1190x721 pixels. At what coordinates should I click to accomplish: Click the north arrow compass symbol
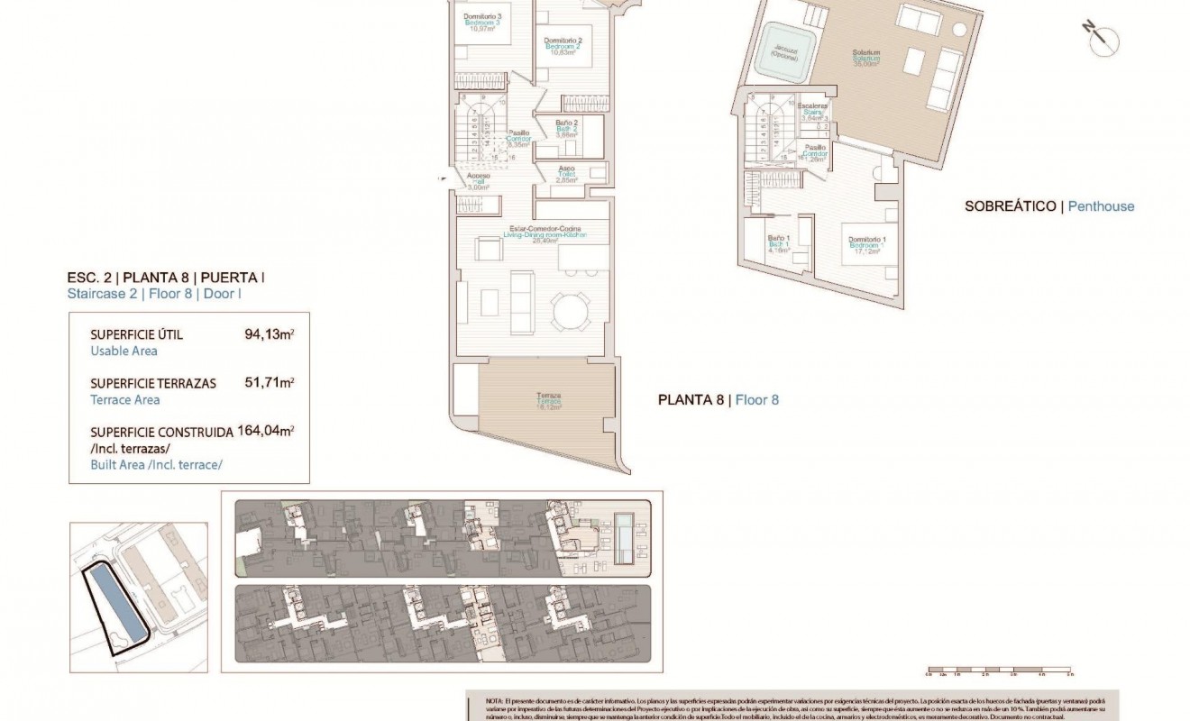pyautogui.click(x=1101, y=38)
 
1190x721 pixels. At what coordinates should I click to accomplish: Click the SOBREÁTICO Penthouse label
pyautogui.click(x=1049, y=206)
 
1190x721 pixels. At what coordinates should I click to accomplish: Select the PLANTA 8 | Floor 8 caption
pyautogui.click(x=718, y=399)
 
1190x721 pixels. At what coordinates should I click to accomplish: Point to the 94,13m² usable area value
pyautogui.click(x=270, y=334)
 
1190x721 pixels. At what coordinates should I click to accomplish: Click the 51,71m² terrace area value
pyautogui.click(x=270, y=383)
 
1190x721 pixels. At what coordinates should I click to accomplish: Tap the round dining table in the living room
pyautogui.click(x=570, y=314)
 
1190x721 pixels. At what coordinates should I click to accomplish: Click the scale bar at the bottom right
pyautogui.click(x=998, y=672)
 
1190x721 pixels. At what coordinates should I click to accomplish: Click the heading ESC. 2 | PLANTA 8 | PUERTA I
pyautogui.click(x=167, y=278)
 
